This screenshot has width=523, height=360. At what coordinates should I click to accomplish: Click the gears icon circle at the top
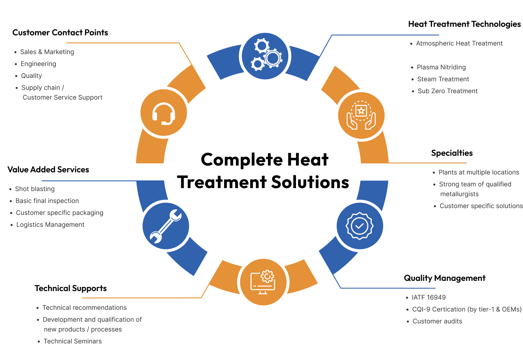pyautogui.click(x=264, y=56)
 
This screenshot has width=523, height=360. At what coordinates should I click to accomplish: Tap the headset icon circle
pyautogui.click(x=164, y=113)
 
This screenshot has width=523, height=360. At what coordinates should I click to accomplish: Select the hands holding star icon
pyautogui.click(x=361, y=115)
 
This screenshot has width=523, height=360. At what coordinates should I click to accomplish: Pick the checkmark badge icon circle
pyautogui.click(x=359, y=226)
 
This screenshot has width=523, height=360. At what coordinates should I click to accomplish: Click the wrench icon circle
pyautogui.click(x=166, y=226)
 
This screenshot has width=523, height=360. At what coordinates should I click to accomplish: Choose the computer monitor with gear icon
pyautogui.click(x=264, y=281)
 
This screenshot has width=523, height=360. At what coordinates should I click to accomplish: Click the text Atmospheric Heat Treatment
pyautogui.click(x=459, y=43)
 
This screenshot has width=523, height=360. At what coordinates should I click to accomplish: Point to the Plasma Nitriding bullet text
pyautogui.click(x=441, y=67)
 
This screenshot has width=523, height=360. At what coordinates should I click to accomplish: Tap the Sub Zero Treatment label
pyautogui.click(x=447, y=91)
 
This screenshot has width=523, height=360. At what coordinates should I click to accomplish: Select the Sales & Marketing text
pyautogui.click(x=47, y=52)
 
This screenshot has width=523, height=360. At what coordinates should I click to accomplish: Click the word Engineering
pyautogui.click(x=38, y=64)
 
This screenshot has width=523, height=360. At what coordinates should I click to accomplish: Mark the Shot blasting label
pyautogui.click(x=35, y=189)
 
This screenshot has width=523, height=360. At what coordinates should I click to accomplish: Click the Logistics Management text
pyautogui.click(x=50, y=225)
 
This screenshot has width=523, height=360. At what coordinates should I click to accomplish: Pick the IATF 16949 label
pyautogui.click(x=429, y=297)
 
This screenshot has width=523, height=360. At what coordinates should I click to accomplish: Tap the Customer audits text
pyautogui.click(x=437, y=321)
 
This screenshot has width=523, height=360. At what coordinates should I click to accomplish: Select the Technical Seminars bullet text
pyautogui.click(x=73, y=341)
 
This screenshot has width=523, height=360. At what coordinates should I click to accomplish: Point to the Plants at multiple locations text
pyautogui.click(x=478, y=172)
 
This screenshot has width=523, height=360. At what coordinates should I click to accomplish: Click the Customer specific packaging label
pyautogui.click(x=60, y=213)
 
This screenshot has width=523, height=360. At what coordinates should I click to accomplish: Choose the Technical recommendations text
pyautogui.click(x=85, y=308)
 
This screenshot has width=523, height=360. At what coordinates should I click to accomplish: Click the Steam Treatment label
pyautogui.click(x=443, y=79)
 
